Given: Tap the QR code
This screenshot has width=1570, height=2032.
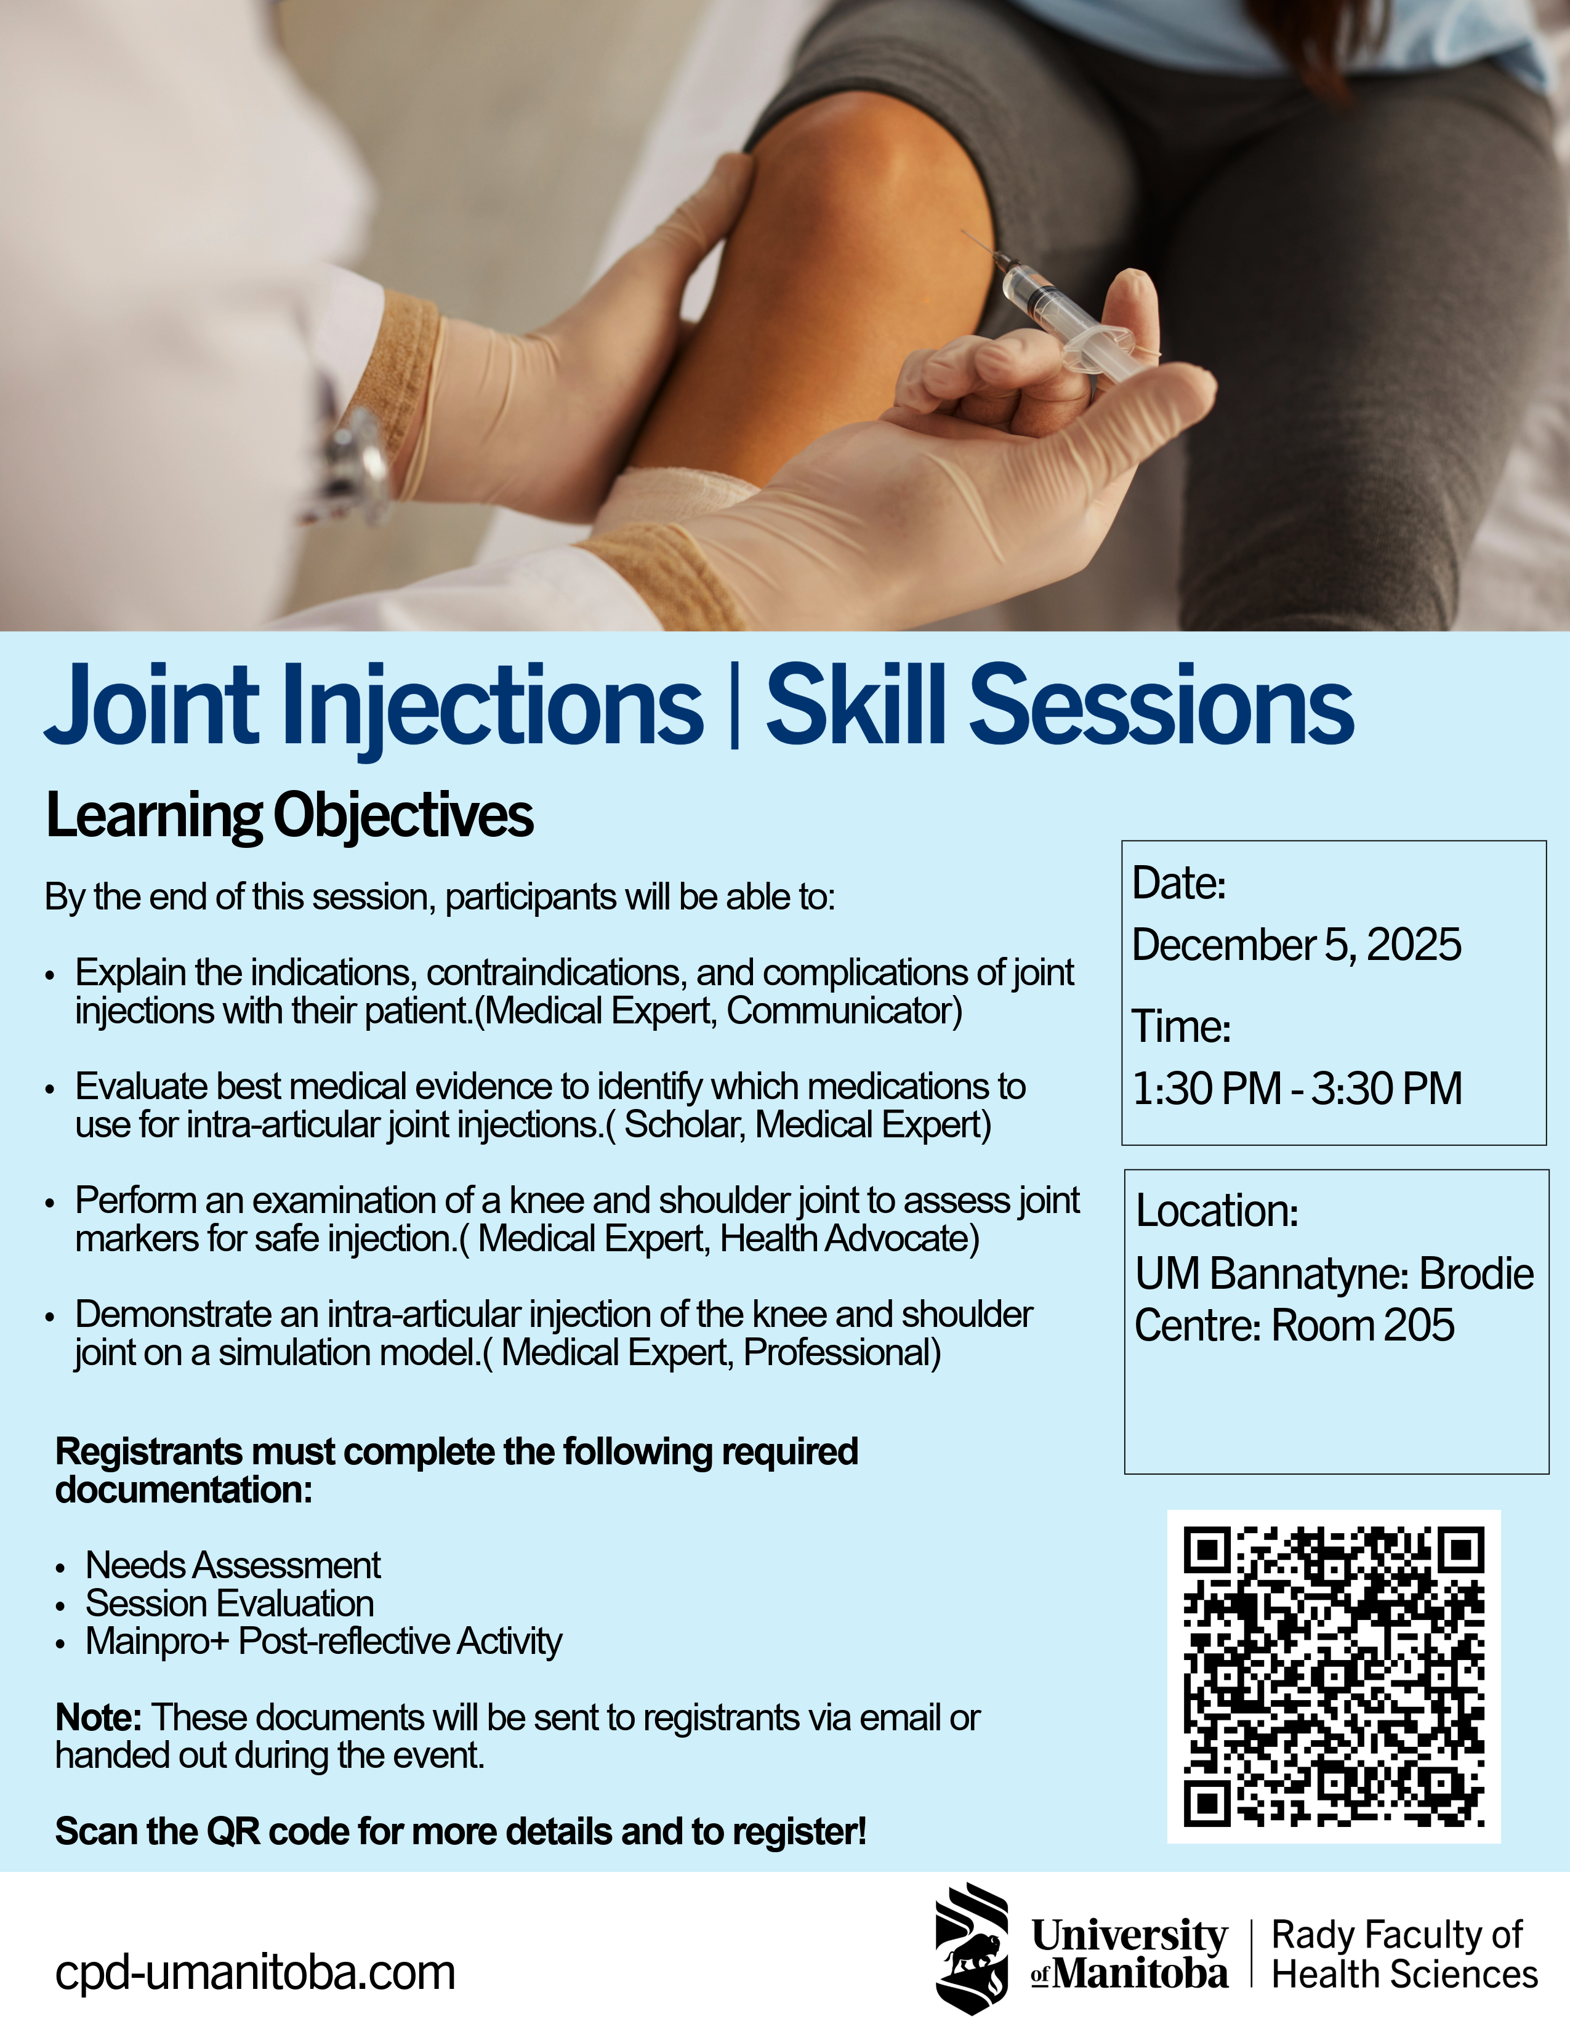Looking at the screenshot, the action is (x=1334, y=1675).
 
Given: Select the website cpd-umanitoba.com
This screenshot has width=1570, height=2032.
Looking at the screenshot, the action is (x=255, y=1972).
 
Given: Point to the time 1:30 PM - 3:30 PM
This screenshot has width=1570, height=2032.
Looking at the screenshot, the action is (x=1297, y=1087).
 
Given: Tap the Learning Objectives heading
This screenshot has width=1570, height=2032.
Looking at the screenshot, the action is (x=289, y=815).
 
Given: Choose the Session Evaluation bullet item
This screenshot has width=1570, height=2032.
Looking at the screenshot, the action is (x=230, y=1603).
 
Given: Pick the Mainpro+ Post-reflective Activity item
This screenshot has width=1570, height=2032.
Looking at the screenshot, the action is (x=324, y=1642).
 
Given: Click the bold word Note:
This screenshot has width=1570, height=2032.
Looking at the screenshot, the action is (x=99, y=1717).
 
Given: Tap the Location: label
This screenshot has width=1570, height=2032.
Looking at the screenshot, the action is (x=1217, y=1211).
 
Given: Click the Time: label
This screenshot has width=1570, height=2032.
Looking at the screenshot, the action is (x=1182, y=1026).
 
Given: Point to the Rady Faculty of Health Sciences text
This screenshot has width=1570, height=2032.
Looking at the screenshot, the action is (x=1404, y=1954).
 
